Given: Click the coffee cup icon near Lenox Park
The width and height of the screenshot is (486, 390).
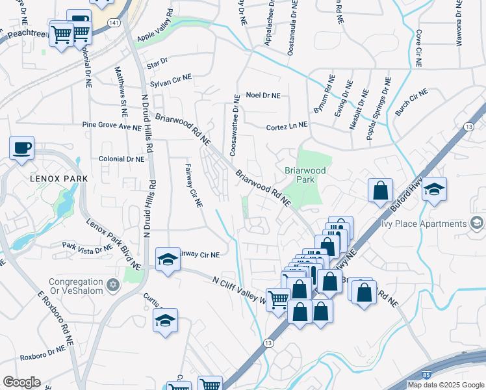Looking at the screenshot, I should [x=21, y=148].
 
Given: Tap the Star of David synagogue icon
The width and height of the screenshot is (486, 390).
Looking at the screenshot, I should [x=114, y=286].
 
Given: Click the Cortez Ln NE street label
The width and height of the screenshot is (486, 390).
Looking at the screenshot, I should [x=287, y=127].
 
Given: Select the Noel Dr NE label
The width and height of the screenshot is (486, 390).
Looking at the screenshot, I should [x=263, y=96].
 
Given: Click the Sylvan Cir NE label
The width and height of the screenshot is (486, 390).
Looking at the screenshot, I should [x=171, y=77].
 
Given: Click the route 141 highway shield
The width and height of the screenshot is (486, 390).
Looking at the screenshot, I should [x=114, y=22].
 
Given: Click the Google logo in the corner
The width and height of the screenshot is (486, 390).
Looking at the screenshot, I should [x=21, y=382].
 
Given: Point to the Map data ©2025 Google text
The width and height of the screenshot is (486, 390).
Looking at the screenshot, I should [x=446, y=385].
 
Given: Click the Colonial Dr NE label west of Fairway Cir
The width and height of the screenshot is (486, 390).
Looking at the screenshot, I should [x=122, y=159].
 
